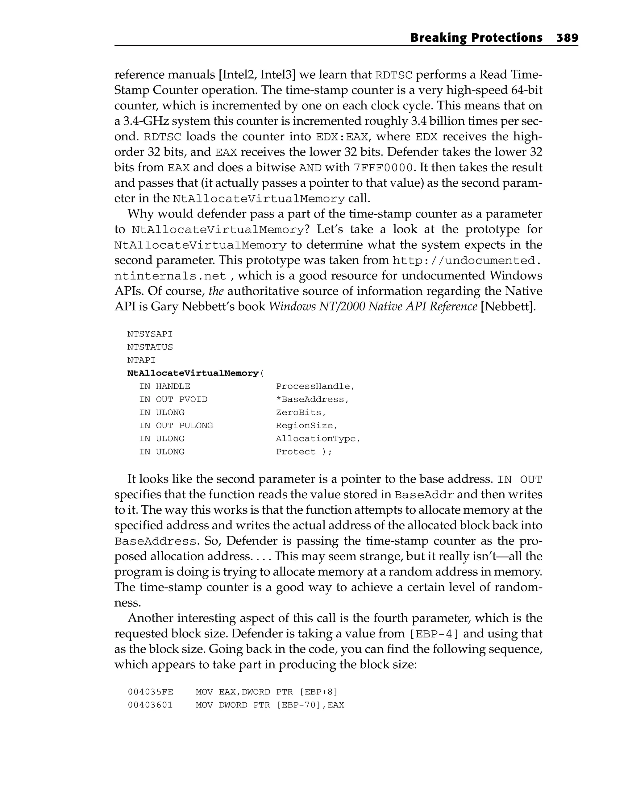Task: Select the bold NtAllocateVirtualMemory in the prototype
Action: coord(193,373)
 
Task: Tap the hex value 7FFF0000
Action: coord(383,168)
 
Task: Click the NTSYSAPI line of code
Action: coord(150,334)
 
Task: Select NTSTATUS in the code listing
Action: coord(150,347)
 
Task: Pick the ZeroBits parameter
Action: coord(301,413)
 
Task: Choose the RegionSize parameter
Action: coord(306,425)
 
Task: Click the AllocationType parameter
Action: coord(318,439)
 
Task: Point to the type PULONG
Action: coord(196,425)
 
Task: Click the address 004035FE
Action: coord(150,692)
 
